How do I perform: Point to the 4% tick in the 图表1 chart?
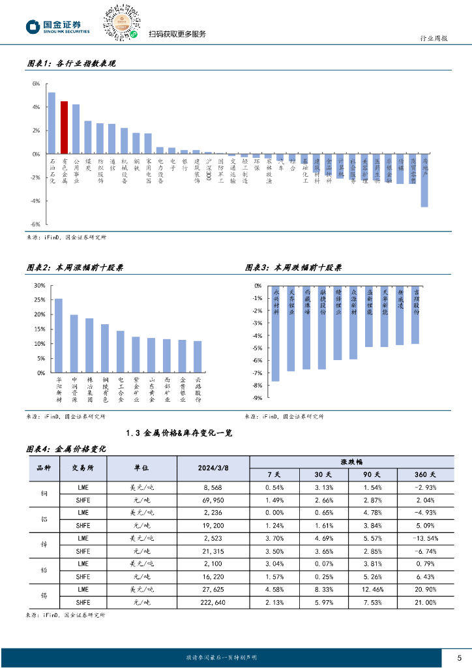click(x=36, y=107)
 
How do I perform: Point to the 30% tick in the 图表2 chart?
click(x=39, y=286)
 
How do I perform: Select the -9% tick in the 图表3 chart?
click(x=258, y=397)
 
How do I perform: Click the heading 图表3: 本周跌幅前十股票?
click(x=293, y=267)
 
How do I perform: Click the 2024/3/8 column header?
click(x=213, y=468)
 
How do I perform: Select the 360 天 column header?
click(x=424, y=474)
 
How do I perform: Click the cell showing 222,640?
click(x=213, y=602)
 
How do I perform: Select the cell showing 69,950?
click(x=213, y=500)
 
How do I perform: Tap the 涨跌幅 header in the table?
click(x=351, y=461)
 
